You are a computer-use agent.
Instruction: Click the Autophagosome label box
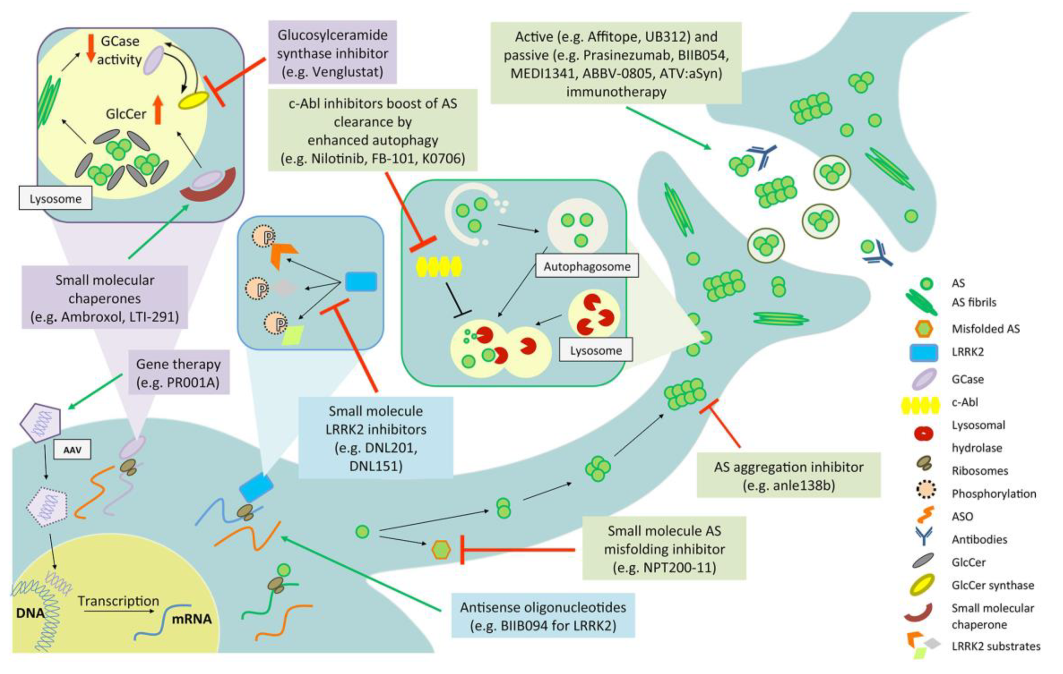(x=587, y=266)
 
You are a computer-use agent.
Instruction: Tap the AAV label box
(x=72, y=450)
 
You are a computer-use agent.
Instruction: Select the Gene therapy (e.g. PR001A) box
(x=179, y=373)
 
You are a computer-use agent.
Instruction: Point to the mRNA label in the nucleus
(x=191, y=619)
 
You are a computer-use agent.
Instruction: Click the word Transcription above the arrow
(x=118, y=601)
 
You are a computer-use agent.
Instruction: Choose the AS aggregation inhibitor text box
(x=788, y=475)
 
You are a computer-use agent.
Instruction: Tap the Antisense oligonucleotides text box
(x=543, y=616)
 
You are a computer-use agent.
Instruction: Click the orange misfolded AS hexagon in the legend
(x=924, y=328)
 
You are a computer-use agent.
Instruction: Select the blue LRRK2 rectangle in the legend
(x=924, y=352)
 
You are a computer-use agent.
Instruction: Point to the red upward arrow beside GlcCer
(x=158, y=110)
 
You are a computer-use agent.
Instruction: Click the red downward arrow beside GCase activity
(x=91, y=48)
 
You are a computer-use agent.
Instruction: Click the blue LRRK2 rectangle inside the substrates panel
(x=361, y=282)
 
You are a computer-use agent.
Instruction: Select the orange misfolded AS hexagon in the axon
(x=441, y=550)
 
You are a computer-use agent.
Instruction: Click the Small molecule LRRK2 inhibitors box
(x=376, y=438)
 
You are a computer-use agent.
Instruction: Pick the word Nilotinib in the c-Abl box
(x=337, y=158)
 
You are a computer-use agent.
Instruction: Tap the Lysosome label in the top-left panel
(x=55, y=199)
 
